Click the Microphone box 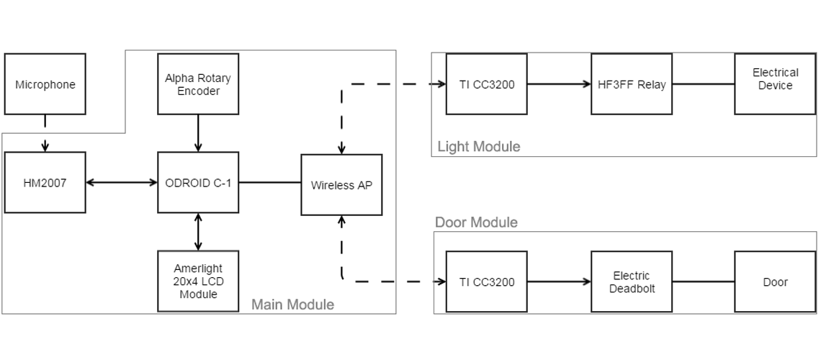[x=45, y=84]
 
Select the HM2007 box [x=45, y=183]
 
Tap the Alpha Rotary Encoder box [x=198, y=84]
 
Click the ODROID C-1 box [x=198, y=183]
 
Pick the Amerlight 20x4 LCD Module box [x=198, y=282]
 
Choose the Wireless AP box [x=341, y=185]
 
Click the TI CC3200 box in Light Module [x=487, y=84]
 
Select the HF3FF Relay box [x=632, y=84]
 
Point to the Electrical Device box [x=775, y=84]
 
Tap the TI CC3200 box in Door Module [x=487, y=282]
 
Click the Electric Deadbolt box [x=632, y=282]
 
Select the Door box [x=775, y=282]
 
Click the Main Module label [x=292, y=305]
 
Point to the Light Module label [x=478, y=147]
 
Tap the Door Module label [x=476, y=222]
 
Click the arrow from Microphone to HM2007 [x=45, y=133]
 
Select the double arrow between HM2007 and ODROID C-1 [x=122, y=183]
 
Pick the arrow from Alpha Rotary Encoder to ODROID [x=198, y=133]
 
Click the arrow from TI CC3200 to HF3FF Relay [x=559, y=84]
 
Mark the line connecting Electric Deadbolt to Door [x=704, y=282]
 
